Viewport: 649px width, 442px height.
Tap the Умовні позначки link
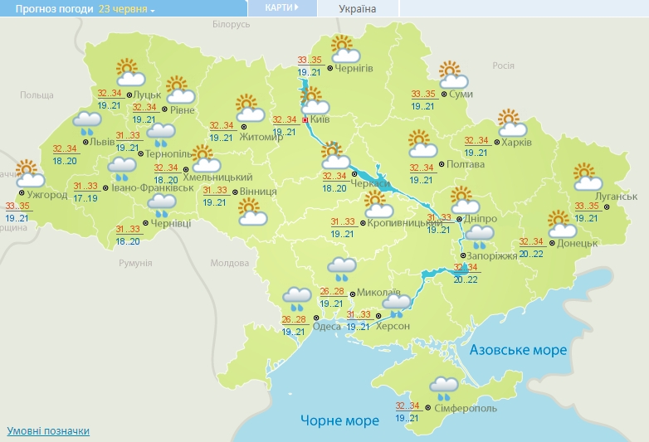tap(48, 431)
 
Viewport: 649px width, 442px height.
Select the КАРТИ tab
tap(282, 7)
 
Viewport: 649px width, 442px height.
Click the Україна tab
tap(358, 9)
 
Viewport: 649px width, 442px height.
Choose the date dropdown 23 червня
tap(127, 9)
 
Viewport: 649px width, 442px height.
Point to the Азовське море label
tap(518, 350)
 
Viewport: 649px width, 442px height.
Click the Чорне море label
tap(340, 420)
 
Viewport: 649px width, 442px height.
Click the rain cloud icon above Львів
tap(85, 124)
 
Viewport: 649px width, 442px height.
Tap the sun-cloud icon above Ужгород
tap(29, 174)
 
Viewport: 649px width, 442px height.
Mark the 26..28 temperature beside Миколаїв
tap(331, 292)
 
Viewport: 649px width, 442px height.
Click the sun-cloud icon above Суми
tap(452, 75)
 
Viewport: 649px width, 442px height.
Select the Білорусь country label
tap(231, 25)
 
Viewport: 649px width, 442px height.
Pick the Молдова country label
tap(229, 263)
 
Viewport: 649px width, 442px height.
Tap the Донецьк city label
tap(578, 243)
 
